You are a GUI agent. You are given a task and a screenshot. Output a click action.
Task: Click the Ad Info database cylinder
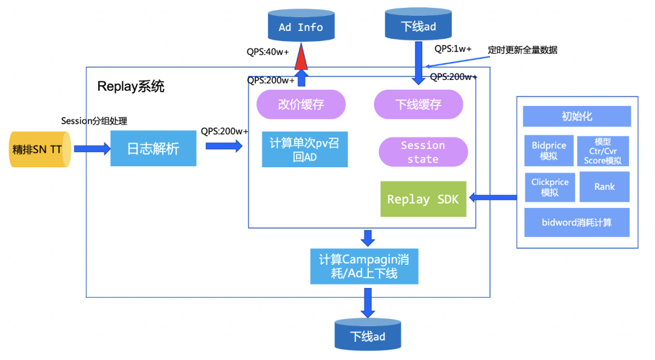[301, 25]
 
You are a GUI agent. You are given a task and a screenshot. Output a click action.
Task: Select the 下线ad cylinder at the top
[418, 24]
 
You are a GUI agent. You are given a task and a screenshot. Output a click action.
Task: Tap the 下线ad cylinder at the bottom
[368, 334]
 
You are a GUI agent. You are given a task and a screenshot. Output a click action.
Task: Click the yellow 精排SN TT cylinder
[40, 149]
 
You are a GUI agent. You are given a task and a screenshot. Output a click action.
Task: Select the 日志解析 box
[153, 148]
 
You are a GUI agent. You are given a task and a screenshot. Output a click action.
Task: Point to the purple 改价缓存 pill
[301, 104]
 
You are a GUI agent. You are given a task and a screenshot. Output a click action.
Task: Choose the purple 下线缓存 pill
[418, 104]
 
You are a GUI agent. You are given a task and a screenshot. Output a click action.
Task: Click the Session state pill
[423, 152]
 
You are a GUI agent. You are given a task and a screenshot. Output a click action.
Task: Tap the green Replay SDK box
[423, 199]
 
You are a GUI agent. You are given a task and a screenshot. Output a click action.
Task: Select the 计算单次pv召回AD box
[304, 150]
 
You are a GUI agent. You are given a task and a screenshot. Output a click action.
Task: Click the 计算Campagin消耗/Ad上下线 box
[364, 267]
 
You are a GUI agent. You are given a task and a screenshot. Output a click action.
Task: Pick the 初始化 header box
[577, 116]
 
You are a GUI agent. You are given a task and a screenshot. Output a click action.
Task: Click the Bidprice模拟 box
[549, 150]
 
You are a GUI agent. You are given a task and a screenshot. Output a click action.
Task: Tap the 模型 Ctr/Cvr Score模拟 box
[603, 151]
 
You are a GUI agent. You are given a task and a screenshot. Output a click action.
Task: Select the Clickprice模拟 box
[549, 187]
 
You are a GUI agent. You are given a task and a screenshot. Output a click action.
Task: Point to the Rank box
[605, 187]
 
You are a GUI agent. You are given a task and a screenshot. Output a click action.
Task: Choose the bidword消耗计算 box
[577, 222]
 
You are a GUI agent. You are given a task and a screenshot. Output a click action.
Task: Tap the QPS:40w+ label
[268, 52]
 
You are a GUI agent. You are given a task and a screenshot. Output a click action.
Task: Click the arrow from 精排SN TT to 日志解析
[92, 148]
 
